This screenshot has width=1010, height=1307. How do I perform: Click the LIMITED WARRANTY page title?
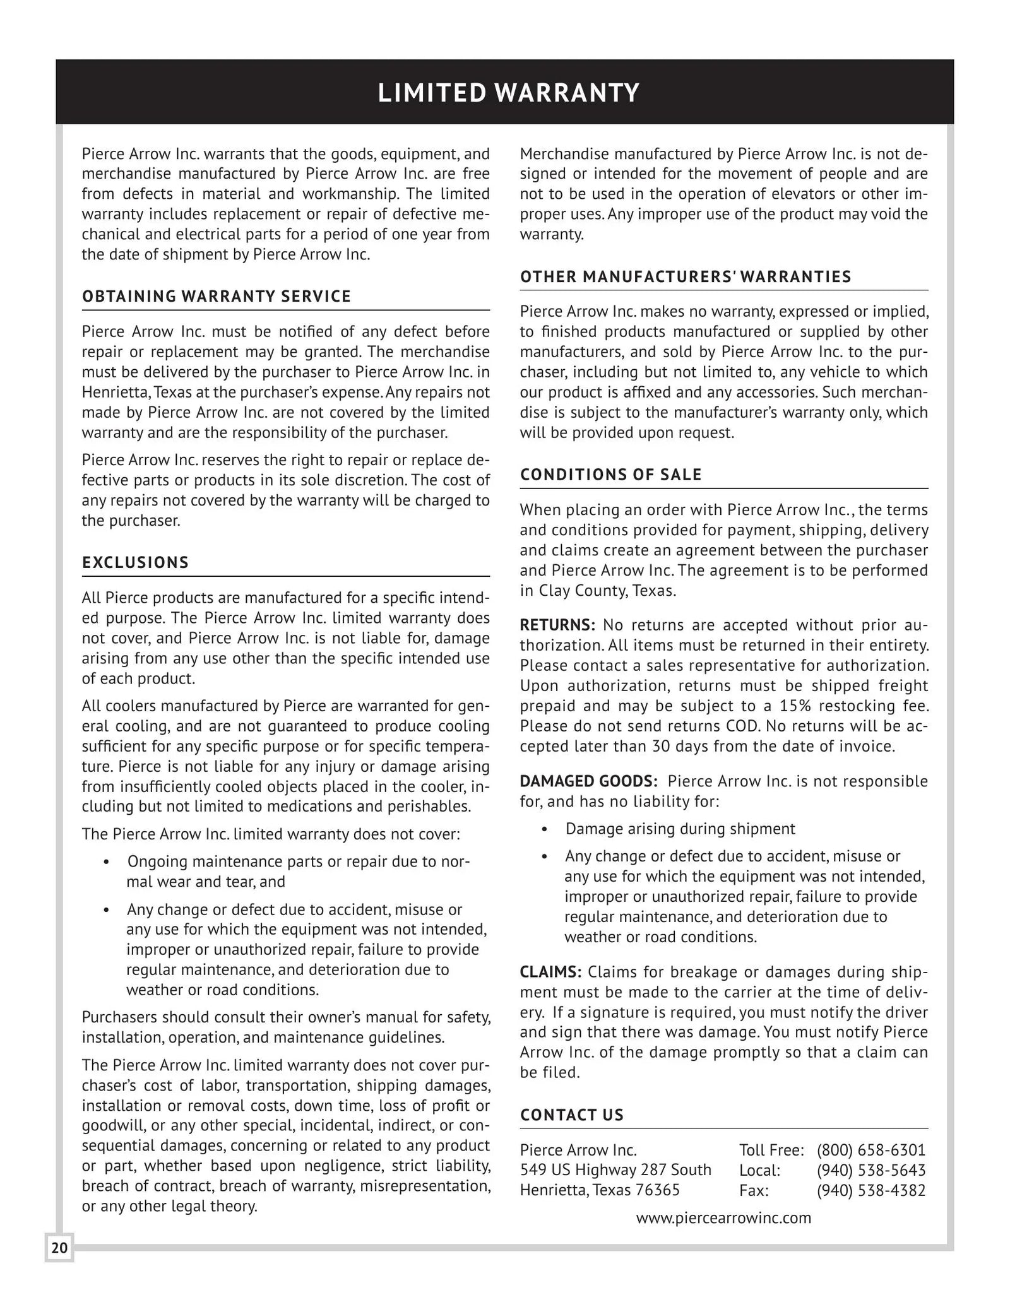(509, 93)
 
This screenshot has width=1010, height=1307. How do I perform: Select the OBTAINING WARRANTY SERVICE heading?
(217, 297)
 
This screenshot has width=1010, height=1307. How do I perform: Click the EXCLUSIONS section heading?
(135, 562)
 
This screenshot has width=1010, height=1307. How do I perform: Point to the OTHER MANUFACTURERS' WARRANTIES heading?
(686, 277)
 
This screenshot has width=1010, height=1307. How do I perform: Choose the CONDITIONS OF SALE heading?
(610, 475)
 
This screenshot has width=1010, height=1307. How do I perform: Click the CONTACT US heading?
(571, 1115)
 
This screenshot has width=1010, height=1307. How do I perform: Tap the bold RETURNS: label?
(557, 625)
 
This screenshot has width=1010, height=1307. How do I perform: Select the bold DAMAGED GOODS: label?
(588, 781)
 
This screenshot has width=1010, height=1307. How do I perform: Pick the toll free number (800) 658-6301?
(870, 1150)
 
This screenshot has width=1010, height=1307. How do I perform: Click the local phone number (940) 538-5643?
(870, 1170)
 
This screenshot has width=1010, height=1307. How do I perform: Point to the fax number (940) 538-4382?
(870, 1190)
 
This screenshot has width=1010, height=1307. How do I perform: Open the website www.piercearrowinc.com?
(723, 1218)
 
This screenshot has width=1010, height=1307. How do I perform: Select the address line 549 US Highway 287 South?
(615, 1170)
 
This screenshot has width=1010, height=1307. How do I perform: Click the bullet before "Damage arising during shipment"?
(545, 829)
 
